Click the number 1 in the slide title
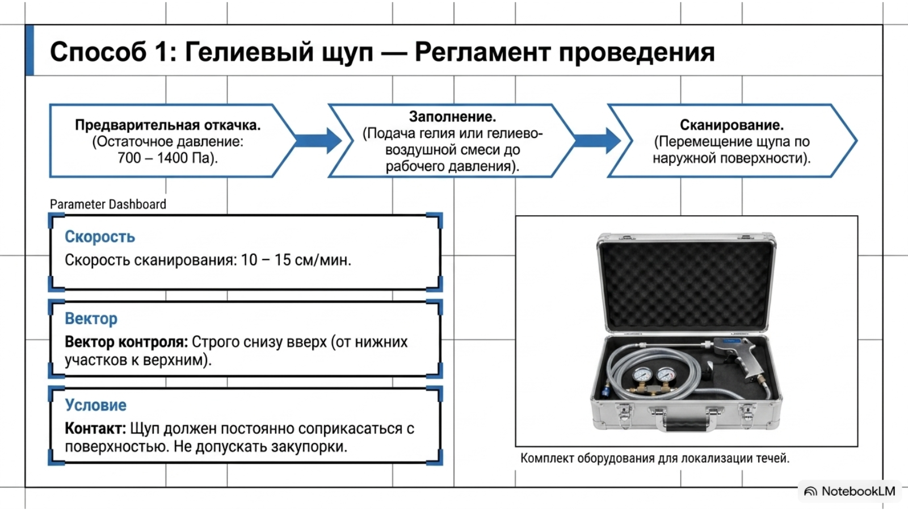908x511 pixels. pyautogui.click(x=162, y=52)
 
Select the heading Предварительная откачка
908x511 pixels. pyautogui.click(x=168, y=125)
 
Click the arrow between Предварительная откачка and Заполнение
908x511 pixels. pyautogui.click(x=318, y=141)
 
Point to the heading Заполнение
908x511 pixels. pyautogui.click(x=452, y=117)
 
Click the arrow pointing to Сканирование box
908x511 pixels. pyautogui.click(x=598, y=141)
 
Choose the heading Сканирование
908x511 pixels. pyautogui.click(x=732, y=125)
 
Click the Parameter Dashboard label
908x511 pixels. pyautogui.click(x=108, y=204)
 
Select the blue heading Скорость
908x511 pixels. pyautogui.click(x=100, y=237)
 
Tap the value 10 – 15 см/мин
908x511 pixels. pyautogui.click(x=296, y=260)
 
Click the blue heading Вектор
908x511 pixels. pyautogui.click(x=91, y=319)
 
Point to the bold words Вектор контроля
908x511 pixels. pyautogui.click(x=127, y=342)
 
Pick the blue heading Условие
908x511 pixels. pyautogui.click(x=96, y=405)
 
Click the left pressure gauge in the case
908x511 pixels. pyautogui.click(x=642, y=375)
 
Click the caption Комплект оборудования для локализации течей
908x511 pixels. pyautogui.click(x=655, y=459)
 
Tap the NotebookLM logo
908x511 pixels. pyautogui.click(x=850, y=492)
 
